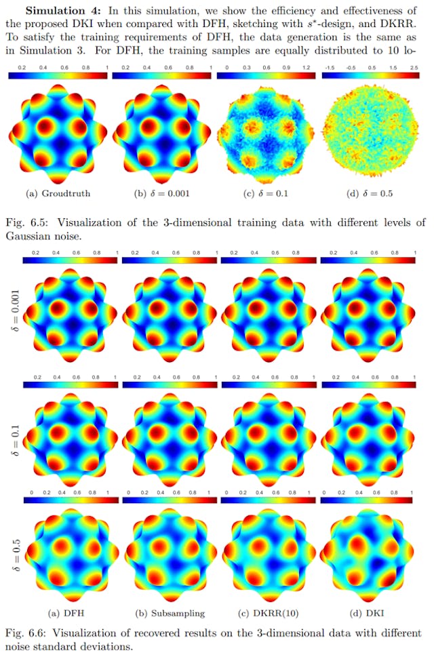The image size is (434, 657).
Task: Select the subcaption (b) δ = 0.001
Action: [161, 194]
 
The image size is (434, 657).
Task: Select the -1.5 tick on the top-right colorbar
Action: [330, 68]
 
